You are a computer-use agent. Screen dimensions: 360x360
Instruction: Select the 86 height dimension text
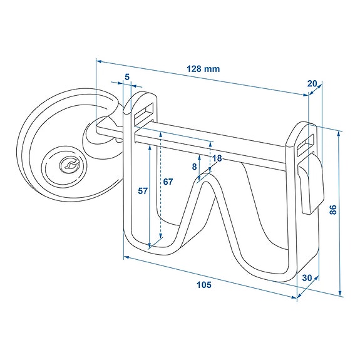click(333, 210)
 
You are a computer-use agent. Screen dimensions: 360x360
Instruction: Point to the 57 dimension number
click(142, 191)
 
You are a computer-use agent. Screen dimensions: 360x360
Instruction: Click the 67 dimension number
click(167, 182)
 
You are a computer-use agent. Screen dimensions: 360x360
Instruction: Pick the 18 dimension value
click(217, 158)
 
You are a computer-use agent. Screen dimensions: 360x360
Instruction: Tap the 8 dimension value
click(195, 167)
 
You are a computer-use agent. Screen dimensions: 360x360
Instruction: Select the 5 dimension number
click(127, 77)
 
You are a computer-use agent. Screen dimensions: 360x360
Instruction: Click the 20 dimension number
click(312, 84)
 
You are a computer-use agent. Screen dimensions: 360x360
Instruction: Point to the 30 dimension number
click(307, 277)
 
